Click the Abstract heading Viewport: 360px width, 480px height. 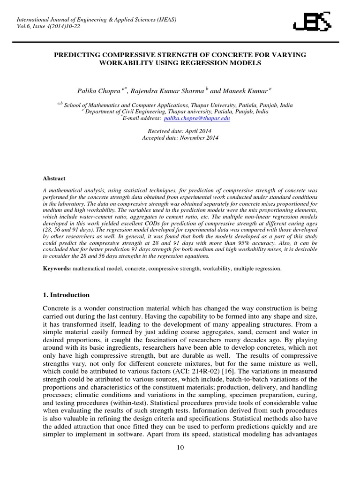point(54,179)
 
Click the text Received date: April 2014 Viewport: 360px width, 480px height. point(180,131)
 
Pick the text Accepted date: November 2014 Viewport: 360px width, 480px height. point(180,138)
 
